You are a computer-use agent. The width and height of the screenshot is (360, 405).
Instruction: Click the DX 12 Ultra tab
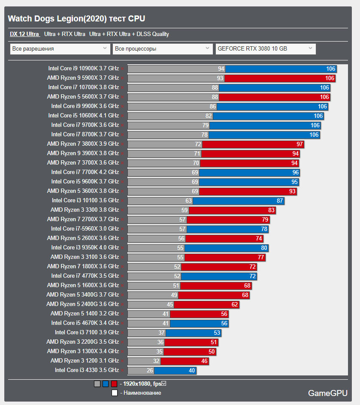24,34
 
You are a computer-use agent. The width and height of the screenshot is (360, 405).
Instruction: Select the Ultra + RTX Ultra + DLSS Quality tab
129,34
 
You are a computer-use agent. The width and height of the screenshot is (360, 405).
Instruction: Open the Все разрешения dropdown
60,49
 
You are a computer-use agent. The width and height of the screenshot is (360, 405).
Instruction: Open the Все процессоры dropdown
163,49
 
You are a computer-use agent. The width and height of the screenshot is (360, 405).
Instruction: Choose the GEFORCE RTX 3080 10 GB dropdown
265,49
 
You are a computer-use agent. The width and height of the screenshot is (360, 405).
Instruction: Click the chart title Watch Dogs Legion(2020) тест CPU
76,18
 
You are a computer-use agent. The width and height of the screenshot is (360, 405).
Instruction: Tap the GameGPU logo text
327,393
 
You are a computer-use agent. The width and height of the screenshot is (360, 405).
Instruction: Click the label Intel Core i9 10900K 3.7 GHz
83,69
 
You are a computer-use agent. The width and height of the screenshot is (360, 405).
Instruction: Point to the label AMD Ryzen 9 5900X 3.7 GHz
83,78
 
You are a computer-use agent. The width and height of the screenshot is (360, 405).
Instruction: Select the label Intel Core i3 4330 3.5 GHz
87,370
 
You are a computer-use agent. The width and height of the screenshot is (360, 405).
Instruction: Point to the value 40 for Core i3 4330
191,371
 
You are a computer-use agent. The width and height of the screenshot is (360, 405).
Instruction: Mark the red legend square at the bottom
114,384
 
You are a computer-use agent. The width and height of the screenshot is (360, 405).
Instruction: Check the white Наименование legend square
114,393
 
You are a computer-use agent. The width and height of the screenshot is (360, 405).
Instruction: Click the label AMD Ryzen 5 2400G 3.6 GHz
83,304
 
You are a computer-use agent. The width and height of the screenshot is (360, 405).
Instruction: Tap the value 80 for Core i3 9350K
264,248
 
